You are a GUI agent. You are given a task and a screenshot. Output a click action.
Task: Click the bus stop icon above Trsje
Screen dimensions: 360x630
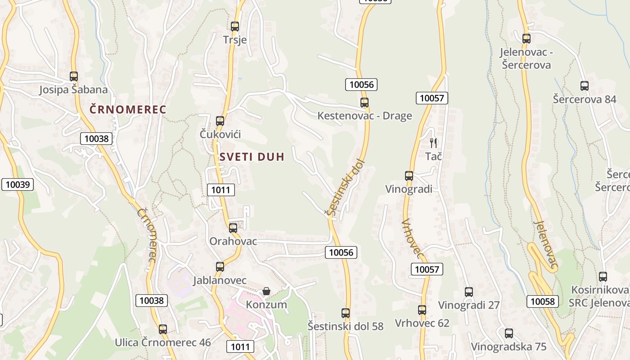[234, 26]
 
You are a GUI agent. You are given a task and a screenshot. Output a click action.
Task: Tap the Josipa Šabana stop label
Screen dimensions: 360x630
[73, 90]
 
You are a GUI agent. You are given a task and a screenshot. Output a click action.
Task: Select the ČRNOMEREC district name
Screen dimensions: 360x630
[128, 109]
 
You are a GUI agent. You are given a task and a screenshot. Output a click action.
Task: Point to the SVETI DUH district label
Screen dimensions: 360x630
[252, 157]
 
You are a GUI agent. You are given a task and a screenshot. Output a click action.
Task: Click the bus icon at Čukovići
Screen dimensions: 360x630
[220, 121]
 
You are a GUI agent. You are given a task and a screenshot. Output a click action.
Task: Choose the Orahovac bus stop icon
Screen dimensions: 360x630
[233, 228]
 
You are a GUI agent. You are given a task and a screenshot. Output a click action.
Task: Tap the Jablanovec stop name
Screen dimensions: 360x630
[220, 280]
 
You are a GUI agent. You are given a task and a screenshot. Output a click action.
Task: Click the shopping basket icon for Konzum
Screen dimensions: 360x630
[266, 291]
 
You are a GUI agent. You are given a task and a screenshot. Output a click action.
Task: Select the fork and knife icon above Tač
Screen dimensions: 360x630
[433, 143]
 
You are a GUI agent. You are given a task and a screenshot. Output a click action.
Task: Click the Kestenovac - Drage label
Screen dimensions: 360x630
[364, 116]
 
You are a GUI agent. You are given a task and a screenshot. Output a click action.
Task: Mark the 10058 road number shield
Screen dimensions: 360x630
[543, 301]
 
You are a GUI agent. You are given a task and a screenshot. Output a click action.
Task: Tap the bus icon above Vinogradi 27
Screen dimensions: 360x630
[469, 292]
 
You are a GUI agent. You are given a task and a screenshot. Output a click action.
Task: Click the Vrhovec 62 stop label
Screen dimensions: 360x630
[422, 323]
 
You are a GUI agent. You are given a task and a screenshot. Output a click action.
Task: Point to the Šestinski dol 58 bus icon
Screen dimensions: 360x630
[345, 313]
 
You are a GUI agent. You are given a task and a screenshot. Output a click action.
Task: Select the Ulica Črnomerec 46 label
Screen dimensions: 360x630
[162, 342]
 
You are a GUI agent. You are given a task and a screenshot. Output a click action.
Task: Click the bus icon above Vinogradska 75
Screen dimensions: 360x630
[508, 333]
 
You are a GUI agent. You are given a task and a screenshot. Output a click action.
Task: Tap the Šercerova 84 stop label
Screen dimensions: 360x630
[584, 99]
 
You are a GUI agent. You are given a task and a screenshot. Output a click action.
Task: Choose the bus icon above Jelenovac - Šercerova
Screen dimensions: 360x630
[526, 38]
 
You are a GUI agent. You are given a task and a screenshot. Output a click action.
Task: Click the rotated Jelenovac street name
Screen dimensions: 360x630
[546, 245]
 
